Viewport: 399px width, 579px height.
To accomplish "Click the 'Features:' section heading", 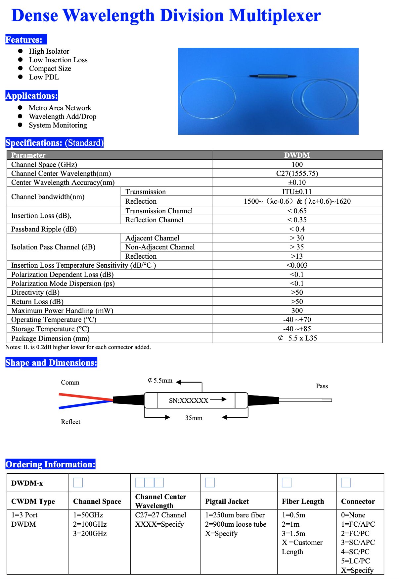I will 24,40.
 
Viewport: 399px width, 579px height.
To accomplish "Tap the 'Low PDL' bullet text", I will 44,77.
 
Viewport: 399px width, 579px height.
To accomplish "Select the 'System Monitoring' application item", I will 58,125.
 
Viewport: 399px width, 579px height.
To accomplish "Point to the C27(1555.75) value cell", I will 297,174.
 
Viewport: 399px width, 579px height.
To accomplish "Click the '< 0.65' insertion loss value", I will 297,211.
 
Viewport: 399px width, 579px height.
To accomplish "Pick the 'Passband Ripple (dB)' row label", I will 44,229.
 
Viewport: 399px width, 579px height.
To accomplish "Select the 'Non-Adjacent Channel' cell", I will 160,247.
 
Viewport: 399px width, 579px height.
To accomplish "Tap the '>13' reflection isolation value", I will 297,256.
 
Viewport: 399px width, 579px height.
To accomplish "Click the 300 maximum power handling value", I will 297,311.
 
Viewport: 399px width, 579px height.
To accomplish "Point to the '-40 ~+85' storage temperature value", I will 297,329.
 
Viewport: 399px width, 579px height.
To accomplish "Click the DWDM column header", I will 297,155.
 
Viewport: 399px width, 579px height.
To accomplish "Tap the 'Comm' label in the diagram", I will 70,383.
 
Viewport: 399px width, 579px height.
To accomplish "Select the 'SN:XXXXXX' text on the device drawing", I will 189,400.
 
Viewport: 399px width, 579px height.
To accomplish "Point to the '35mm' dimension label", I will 194,418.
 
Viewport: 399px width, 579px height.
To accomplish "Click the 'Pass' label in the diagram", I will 322,386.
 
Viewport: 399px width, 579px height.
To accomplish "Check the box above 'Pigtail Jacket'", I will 210,483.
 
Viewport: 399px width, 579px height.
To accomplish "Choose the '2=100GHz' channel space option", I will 90,524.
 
